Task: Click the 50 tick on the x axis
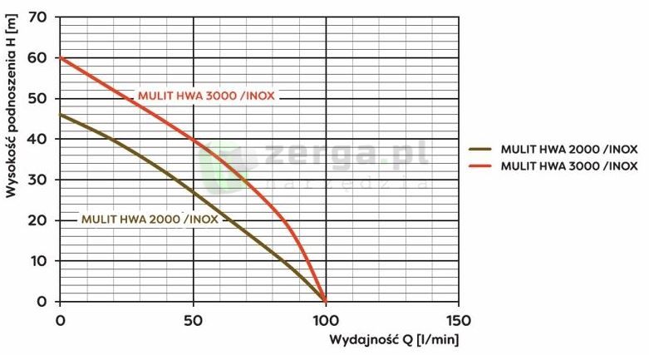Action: pos(193,319)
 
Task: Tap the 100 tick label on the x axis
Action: pos(326,319)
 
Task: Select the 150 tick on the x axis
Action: pos(459,319)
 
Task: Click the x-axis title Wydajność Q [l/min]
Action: pos(394,340)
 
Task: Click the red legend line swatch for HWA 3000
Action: pos(482,166)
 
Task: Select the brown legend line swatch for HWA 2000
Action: pos(482,150)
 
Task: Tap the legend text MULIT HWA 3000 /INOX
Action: pos(568,166)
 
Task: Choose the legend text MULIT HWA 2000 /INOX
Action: pos(568,150)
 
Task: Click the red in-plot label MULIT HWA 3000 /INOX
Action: pos(206,96)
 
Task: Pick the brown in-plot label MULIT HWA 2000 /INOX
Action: pos(150,219)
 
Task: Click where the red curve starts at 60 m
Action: pos(61,58)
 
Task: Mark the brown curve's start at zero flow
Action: pos(61,115)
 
